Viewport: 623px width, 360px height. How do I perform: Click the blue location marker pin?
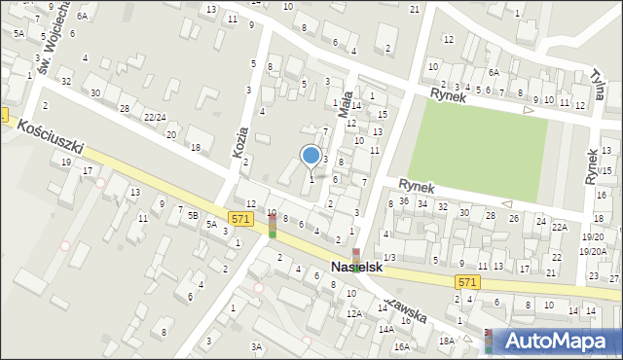[311, 157]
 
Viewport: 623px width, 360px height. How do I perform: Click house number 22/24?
[154, 118]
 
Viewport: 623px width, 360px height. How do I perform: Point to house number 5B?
[194, 215]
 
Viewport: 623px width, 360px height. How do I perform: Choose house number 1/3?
[389, 256]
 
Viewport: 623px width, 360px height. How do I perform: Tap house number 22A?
[559, 227]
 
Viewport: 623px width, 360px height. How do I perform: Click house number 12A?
[354, 313]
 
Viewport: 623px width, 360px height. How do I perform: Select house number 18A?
[447, 341]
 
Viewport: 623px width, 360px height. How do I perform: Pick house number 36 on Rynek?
[404, 201]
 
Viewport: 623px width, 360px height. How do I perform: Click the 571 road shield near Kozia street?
[242, 219]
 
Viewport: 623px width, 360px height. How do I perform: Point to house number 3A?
[257, 346]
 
